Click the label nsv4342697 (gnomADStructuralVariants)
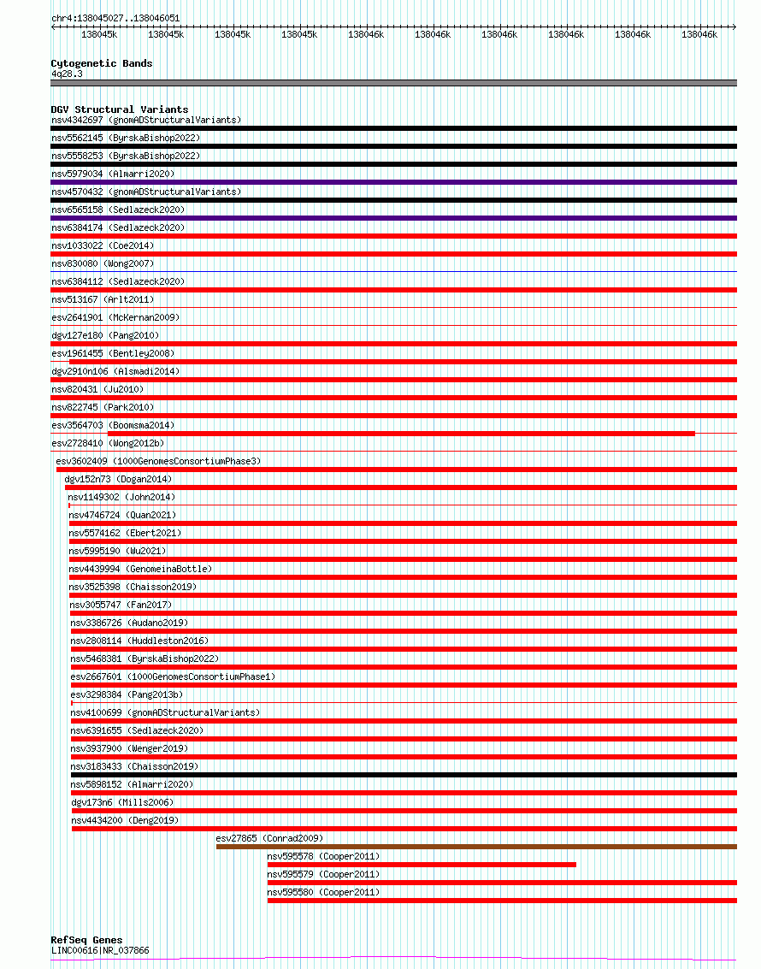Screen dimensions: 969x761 (x=146, y=120)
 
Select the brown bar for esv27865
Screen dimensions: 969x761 (x=476, y=847)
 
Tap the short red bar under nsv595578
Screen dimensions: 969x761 (x=422, y=865)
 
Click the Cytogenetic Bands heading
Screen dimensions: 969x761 (x=102, y=63)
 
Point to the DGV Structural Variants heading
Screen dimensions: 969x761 (x=120, y=109)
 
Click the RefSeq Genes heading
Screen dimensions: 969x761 (x=86, y=940)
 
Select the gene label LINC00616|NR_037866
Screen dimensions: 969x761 (x=100, y=950)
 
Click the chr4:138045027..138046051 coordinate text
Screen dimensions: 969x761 (x=115, y=18)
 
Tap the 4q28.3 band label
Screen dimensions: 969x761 (x=67, y=74)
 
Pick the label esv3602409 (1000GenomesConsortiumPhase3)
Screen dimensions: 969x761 (x=158, y=461)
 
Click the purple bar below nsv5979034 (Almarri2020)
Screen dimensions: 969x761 (x=393, y=182)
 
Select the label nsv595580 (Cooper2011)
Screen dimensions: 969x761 (x=323, y=892)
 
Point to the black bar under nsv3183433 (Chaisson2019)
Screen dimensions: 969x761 (x=404, y=775)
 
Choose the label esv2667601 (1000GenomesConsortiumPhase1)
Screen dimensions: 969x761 (x=173, y=677)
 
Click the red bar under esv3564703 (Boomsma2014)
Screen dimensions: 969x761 (x=373, y=434)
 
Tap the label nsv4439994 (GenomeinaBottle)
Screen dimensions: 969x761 (x=140, y=569)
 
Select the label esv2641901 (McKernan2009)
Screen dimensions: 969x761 (x=115, y=317)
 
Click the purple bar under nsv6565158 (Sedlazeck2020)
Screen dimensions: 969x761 (x=393, y=218)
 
